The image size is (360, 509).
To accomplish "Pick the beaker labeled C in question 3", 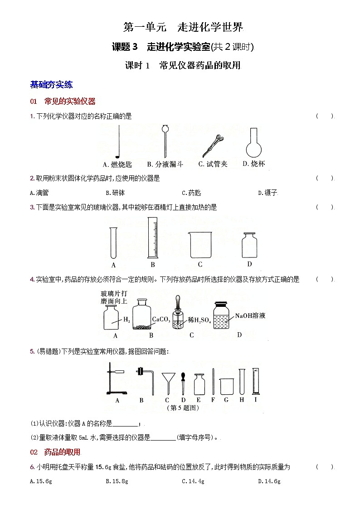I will [x=200, y=245].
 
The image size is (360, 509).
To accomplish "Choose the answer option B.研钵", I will [x=115, y=193].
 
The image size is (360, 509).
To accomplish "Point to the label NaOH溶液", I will [x=250, y=315].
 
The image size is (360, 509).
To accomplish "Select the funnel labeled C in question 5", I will [x=168, y=382].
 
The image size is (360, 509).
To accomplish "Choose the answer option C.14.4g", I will [x=193, y=481].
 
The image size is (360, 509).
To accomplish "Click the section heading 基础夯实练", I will [x=51, y=84].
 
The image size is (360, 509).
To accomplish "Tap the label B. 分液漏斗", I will [x=165, y=164].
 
